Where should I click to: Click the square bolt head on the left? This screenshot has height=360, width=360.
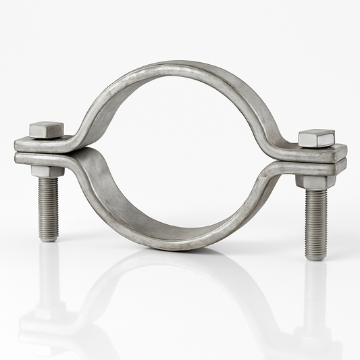pos(46,129)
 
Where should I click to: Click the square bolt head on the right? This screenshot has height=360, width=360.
pos(316,138)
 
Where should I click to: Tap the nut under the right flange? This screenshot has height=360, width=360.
pos(315,181)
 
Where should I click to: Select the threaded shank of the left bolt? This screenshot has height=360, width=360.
pos(48,206)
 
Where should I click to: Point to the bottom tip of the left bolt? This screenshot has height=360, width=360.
pos(48,239)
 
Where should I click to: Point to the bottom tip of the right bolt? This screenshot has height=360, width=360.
pos(316,258)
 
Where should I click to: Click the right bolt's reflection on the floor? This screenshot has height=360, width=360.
pos(315,304)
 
